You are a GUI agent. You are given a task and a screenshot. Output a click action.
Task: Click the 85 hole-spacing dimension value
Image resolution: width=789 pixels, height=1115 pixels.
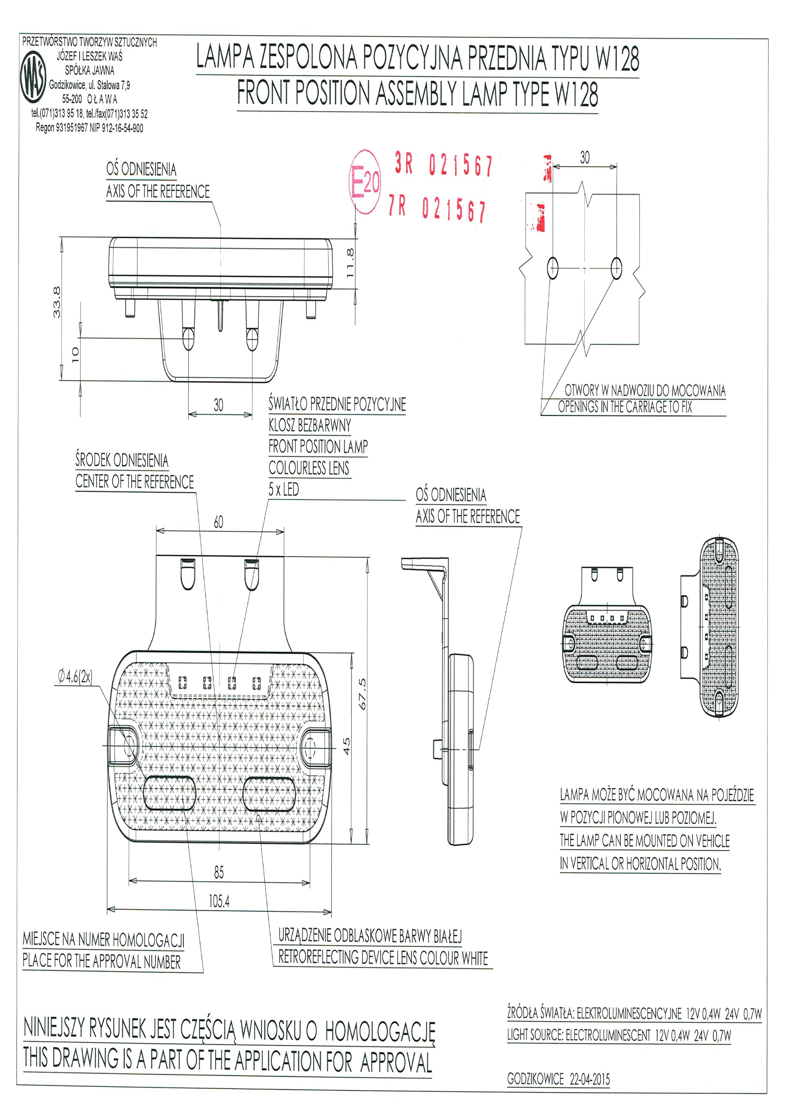pos(219,873)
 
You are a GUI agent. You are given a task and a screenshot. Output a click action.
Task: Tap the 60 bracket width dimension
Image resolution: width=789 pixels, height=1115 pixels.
pos(219,523)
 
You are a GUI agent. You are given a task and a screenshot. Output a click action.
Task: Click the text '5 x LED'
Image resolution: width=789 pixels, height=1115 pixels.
pos(284,490)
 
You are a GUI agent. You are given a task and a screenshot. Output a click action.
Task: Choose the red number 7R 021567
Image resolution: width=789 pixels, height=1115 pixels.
pos(437,209)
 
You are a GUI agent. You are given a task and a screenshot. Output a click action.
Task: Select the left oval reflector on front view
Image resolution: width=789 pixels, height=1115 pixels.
pos(168,794)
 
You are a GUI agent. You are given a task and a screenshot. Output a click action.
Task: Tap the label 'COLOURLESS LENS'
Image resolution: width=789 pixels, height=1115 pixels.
pos(309,468)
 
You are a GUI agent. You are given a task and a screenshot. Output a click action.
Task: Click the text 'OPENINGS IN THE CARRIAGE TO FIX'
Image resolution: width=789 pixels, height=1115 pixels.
pos(624,407)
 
